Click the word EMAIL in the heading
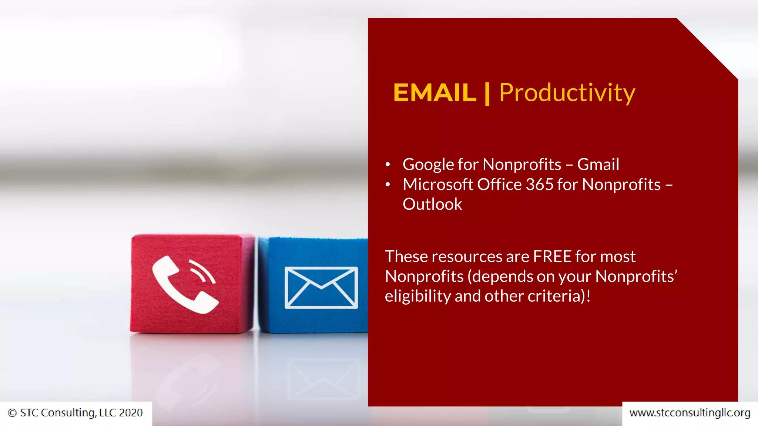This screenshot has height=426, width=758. pyautogui.click(x=435, y=92)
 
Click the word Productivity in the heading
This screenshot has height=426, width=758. pyautogui.click(x=567, y=92)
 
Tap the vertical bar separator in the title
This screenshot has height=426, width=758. pyautogui.click(x=487, y=94)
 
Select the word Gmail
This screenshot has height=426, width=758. pyautogui.click(x=598, y=164)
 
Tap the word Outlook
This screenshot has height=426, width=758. pyautogui.click(x=432, y=204)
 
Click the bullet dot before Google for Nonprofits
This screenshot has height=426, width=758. pyautogui.click(x=388, y=165)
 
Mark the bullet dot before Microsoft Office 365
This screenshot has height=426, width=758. pyautogui.click(x=388, y=185)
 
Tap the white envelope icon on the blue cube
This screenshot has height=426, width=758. pyautogui.click(x=321, y=287)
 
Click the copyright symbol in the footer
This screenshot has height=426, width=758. pyautogui.click(x=12, y=413)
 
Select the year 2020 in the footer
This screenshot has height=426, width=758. pyautogui.click(x=131, y=413)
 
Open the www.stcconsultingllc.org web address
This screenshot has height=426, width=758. pyautogui.click(x=690, y=413)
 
